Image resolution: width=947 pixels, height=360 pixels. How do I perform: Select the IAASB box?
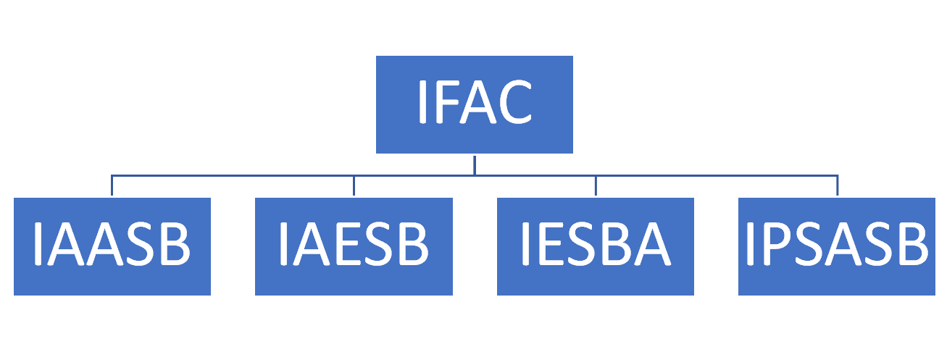[112, 246]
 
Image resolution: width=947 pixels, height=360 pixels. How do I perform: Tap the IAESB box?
[354, 246]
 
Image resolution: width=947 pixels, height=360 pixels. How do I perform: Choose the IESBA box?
[595, 246]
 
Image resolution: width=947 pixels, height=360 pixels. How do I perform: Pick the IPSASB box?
[837, 246]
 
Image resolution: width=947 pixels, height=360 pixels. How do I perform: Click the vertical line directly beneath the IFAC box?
[475, 164]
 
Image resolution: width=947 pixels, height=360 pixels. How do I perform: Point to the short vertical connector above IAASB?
[112, 185]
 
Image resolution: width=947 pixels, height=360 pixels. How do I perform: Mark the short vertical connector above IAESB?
[354, 185]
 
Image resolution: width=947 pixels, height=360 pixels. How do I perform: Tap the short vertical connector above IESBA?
[596, 185]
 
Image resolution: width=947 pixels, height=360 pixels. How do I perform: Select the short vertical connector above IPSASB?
[838, 185]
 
